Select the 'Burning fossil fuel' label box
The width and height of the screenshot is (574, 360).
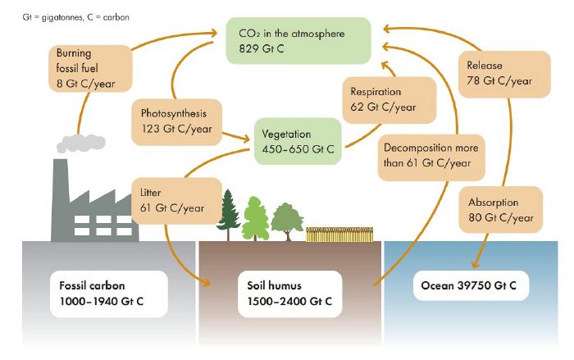pyautogui.click(x=85, y=67)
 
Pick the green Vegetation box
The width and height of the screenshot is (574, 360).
pyautogui.click(x=300, y=141)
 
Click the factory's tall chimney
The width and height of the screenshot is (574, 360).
pyautogui.click(x=61, y=197)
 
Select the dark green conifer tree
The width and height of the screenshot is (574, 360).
pyautogui.click(x=227, y=212)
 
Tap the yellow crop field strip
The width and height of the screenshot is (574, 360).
pyautogui.click(x=340, y=235)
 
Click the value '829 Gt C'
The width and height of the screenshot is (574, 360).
pyautogui.click(x=267, y=50)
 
